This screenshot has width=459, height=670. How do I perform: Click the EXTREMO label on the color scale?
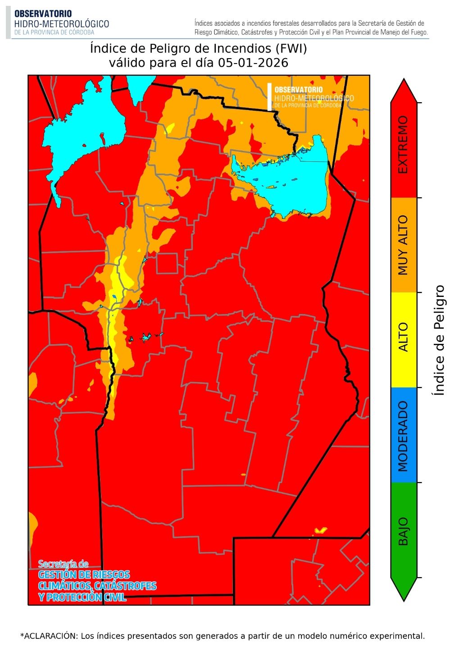(x=403, y=145)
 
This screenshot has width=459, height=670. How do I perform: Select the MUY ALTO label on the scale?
(x=403, y=245)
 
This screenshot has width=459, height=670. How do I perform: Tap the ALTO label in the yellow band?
(x=403, y=337)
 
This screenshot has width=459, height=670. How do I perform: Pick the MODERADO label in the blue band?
(x=403, y=436)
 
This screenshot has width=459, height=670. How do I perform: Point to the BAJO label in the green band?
(x=403, y=531)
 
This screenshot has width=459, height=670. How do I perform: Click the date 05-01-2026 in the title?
(x=253, y=63)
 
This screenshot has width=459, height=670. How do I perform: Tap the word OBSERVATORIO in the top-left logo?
(x=43, y=14)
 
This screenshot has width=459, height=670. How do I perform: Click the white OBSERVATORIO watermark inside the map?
(x=298, y=90)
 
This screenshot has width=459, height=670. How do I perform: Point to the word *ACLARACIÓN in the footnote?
(x=49, y=636)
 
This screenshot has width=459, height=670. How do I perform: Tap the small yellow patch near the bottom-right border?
(x=321, y=530)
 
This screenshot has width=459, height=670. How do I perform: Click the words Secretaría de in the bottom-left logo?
(x=63, y=564)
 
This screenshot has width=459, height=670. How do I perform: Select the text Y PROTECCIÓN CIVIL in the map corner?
(x=82, y=597)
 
